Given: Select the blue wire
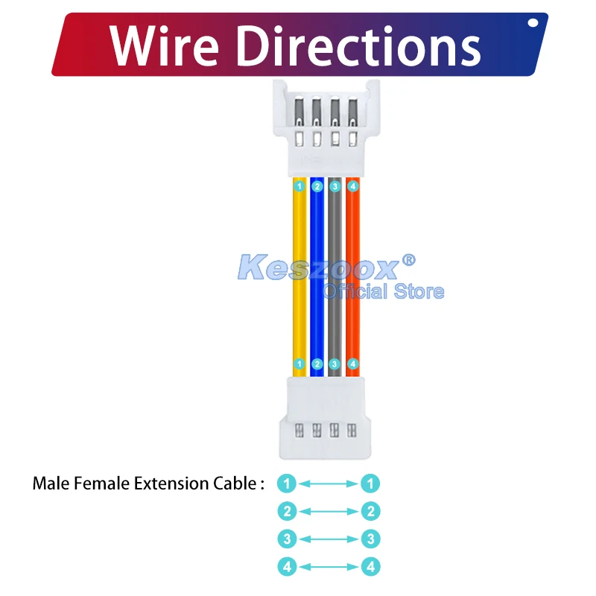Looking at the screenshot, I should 317,223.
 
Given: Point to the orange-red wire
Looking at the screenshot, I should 352,223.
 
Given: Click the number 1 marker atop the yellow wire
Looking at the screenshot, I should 299,186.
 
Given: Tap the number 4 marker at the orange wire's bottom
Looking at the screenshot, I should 353,364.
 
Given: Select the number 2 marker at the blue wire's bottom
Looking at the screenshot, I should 317,364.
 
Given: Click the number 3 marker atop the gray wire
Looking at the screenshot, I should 335,186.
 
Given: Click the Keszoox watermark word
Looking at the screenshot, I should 319,266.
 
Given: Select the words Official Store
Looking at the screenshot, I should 383,291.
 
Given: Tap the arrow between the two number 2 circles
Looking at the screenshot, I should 329,511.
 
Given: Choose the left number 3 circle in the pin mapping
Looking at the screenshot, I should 287,539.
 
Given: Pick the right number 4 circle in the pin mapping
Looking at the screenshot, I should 370,567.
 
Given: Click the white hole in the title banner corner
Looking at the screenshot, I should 533,22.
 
